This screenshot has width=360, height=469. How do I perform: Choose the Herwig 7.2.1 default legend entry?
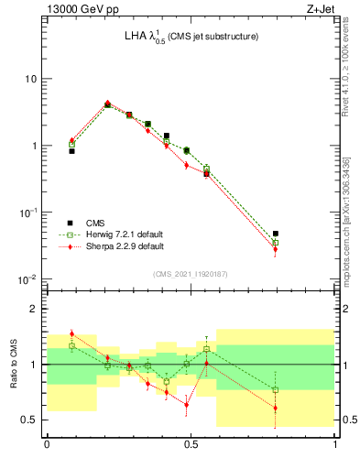(113, 234)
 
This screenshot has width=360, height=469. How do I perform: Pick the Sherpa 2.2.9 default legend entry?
(112, 246)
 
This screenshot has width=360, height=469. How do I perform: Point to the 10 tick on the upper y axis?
(30, 79)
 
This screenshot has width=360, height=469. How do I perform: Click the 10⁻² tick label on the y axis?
(27, 279)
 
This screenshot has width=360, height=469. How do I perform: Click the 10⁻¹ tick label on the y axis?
(27, 213)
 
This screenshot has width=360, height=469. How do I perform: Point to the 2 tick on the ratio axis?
(36, 309)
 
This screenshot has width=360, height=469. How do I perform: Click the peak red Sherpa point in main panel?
(107, 104)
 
